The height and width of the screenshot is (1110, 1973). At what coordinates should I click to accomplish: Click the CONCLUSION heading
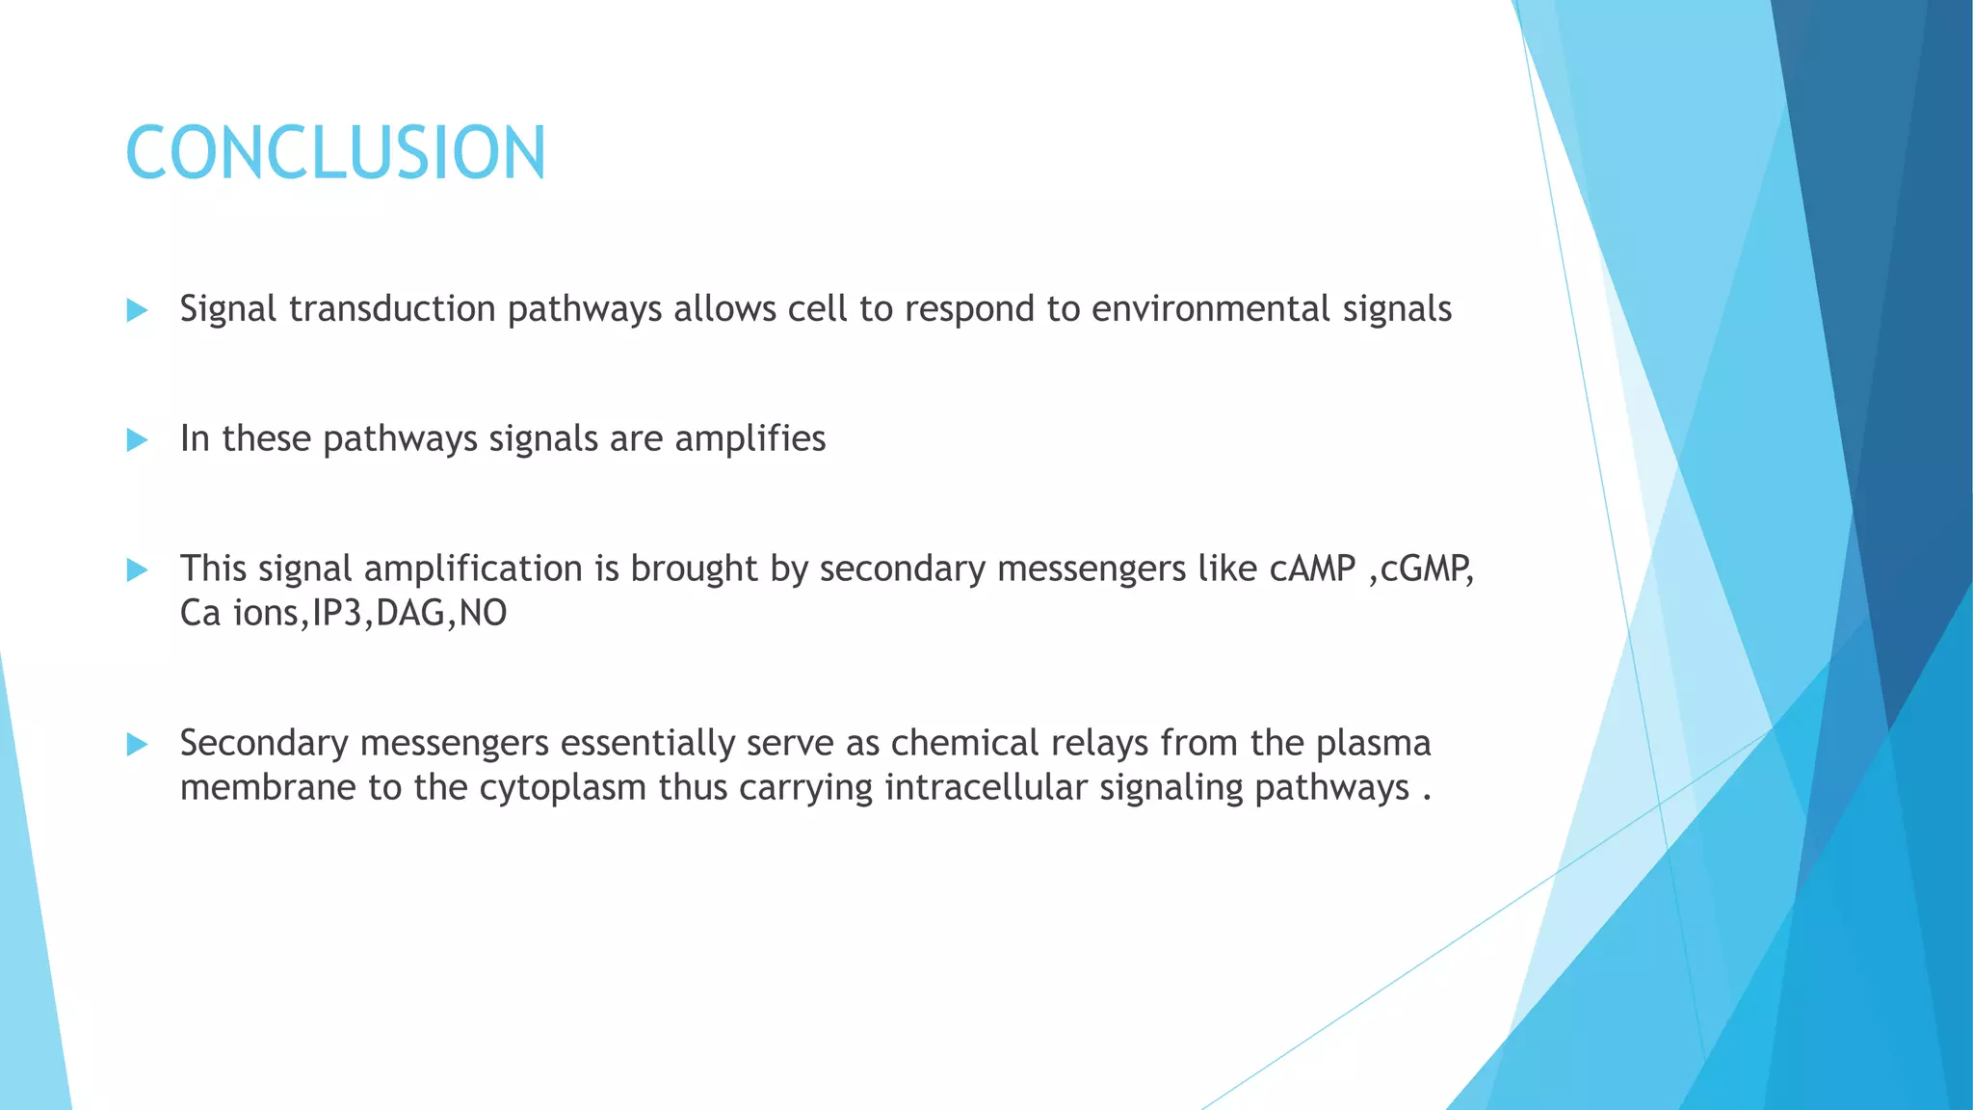tap(335, 153)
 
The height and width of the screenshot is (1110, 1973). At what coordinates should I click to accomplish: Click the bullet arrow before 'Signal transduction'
tap(137, 310)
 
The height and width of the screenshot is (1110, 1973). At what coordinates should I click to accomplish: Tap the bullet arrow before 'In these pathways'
tap(137, 440)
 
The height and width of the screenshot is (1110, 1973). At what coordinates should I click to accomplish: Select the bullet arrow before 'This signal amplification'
tap(137, 570)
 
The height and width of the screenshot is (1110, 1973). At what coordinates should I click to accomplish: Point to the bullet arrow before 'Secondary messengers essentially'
tap(137, 744)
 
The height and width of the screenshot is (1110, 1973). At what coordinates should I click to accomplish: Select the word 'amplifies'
tap(750, 439)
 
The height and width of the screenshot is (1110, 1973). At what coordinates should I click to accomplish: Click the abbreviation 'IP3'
tap(336, 614)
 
